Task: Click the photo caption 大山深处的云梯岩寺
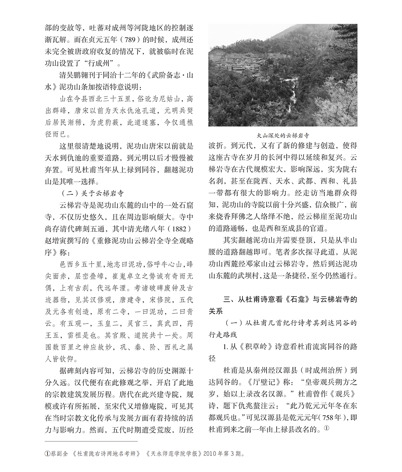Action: [283, 136]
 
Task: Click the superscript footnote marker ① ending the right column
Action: [326, 429]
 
